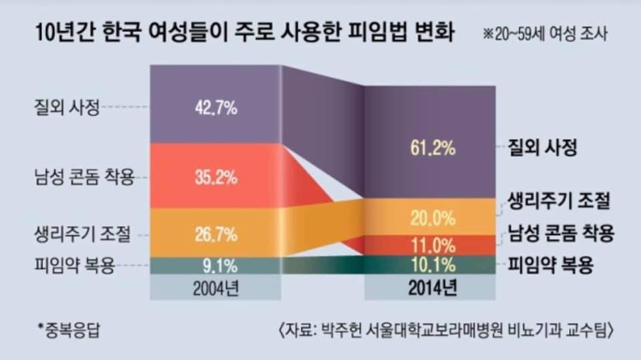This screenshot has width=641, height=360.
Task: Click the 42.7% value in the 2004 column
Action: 215,108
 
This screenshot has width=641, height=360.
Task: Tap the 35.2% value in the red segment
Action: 215,178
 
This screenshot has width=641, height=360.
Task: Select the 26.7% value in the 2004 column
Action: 215,234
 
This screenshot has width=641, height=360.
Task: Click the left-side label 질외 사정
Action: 67,108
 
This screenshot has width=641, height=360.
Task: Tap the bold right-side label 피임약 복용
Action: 551,264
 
